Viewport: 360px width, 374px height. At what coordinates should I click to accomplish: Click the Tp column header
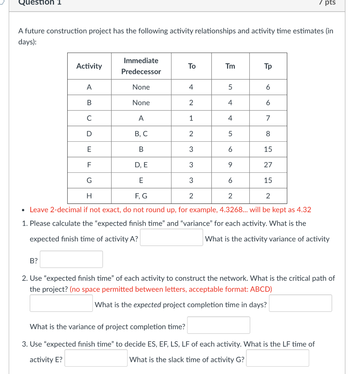point(268,66)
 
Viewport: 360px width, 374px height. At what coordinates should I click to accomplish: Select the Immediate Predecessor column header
point(141,66)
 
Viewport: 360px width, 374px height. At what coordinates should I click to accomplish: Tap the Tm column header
point(230,66)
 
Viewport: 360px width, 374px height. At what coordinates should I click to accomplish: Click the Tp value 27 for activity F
point(268,165)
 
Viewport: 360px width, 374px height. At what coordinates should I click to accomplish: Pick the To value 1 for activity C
point(191,118)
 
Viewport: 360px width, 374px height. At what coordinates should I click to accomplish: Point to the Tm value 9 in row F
point(230,165)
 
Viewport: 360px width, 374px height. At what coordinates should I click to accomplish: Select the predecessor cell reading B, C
point(141,134)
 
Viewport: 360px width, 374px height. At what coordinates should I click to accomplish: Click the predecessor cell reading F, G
point(141,196)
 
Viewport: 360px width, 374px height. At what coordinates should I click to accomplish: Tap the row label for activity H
point(89,196)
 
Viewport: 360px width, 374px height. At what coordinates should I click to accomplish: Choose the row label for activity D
point(89,134)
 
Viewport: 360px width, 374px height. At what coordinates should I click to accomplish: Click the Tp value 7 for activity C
point(268,118)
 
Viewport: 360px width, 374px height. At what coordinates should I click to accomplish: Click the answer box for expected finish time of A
point(171,238)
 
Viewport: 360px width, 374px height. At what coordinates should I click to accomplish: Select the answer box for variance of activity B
point(71,259)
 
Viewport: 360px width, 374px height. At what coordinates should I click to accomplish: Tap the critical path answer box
point(61,303)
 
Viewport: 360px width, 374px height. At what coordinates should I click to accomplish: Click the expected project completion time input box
point(300,303)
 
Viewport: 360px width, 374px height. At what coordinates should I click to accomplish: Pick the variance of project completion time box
point(219,325)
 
